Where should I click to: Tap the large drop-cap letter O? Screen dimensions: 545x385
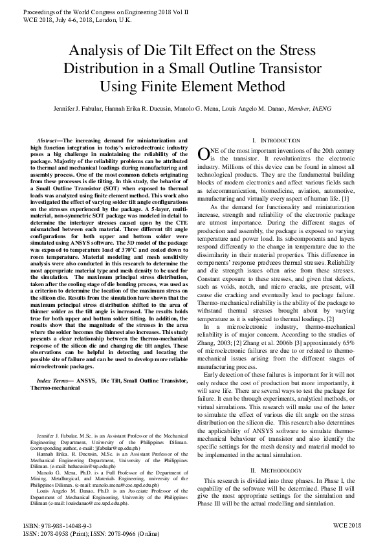(203, 153)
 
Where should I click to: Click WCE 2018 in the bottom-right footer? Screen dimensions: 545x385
(347, 526)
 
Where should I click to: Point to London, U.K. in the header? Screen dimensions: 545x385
(113, 20)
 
